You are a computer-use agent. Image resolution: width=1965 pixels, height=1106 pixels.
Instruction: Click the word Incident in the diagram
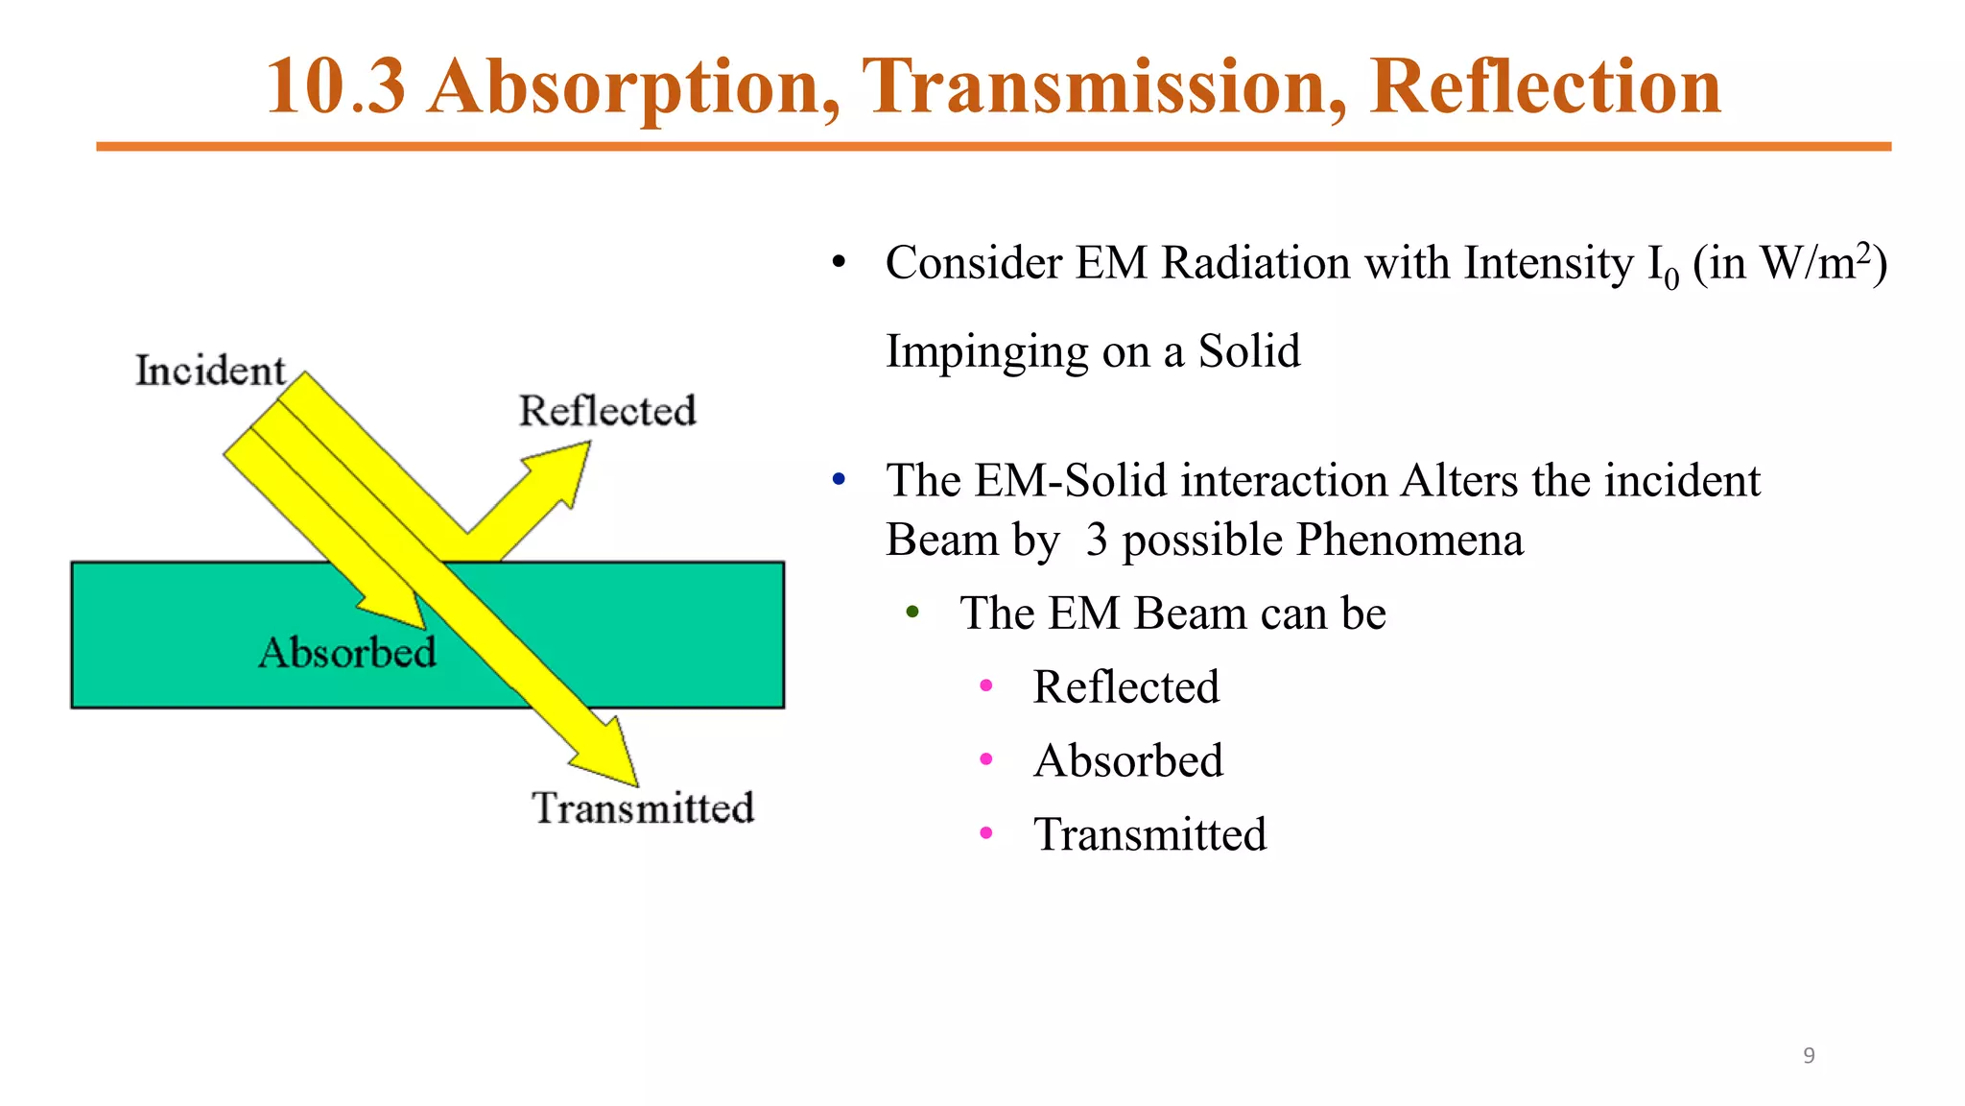click(x=209, y=371)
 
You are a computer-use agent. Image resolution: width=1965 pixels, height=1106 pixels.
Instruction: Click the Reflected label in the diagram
click(x=607, y=411)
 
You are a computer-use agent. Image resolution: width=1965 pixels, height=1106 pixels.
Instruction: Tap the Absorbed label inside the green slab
click(x=347, y=653)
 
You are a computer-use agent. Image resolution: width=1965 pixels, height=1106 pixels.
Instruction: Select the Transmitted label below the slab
click(x=643, y=807)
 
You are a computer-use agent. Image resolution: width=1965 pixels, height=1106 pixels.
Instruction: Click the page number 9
click(x=1809, y=1055)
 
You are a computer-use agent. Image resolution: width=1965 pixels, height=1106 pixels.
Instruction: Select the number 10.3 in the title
click(x=336, y=86)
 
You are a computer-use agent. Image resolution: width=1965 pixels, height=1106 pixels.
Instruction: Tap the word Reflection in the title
click(x=1545, y=86)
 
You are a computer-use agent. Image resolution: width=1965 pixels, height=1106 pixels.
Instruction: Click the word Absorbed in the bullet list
click(x=1128, y=760)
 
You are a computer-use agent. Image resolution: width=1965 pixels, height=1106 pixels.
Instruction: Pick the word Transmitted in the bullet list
click(x=1149, y=834)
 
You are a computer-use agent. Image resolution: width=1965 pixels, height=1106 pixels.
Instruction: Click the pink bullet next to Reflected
click(x=985, y=685)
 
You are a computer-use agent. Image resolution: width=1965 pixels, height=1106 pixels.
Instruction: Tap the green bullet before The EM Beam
click(x=912, y=612)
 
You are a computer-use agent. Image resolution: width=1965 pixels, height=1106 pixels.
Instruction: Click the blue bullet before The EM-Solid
click(x=839, y=478)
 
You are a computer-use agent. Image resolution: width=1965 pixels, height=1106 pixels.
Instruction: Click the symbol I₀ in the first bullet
click(x=1663, y=266)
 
